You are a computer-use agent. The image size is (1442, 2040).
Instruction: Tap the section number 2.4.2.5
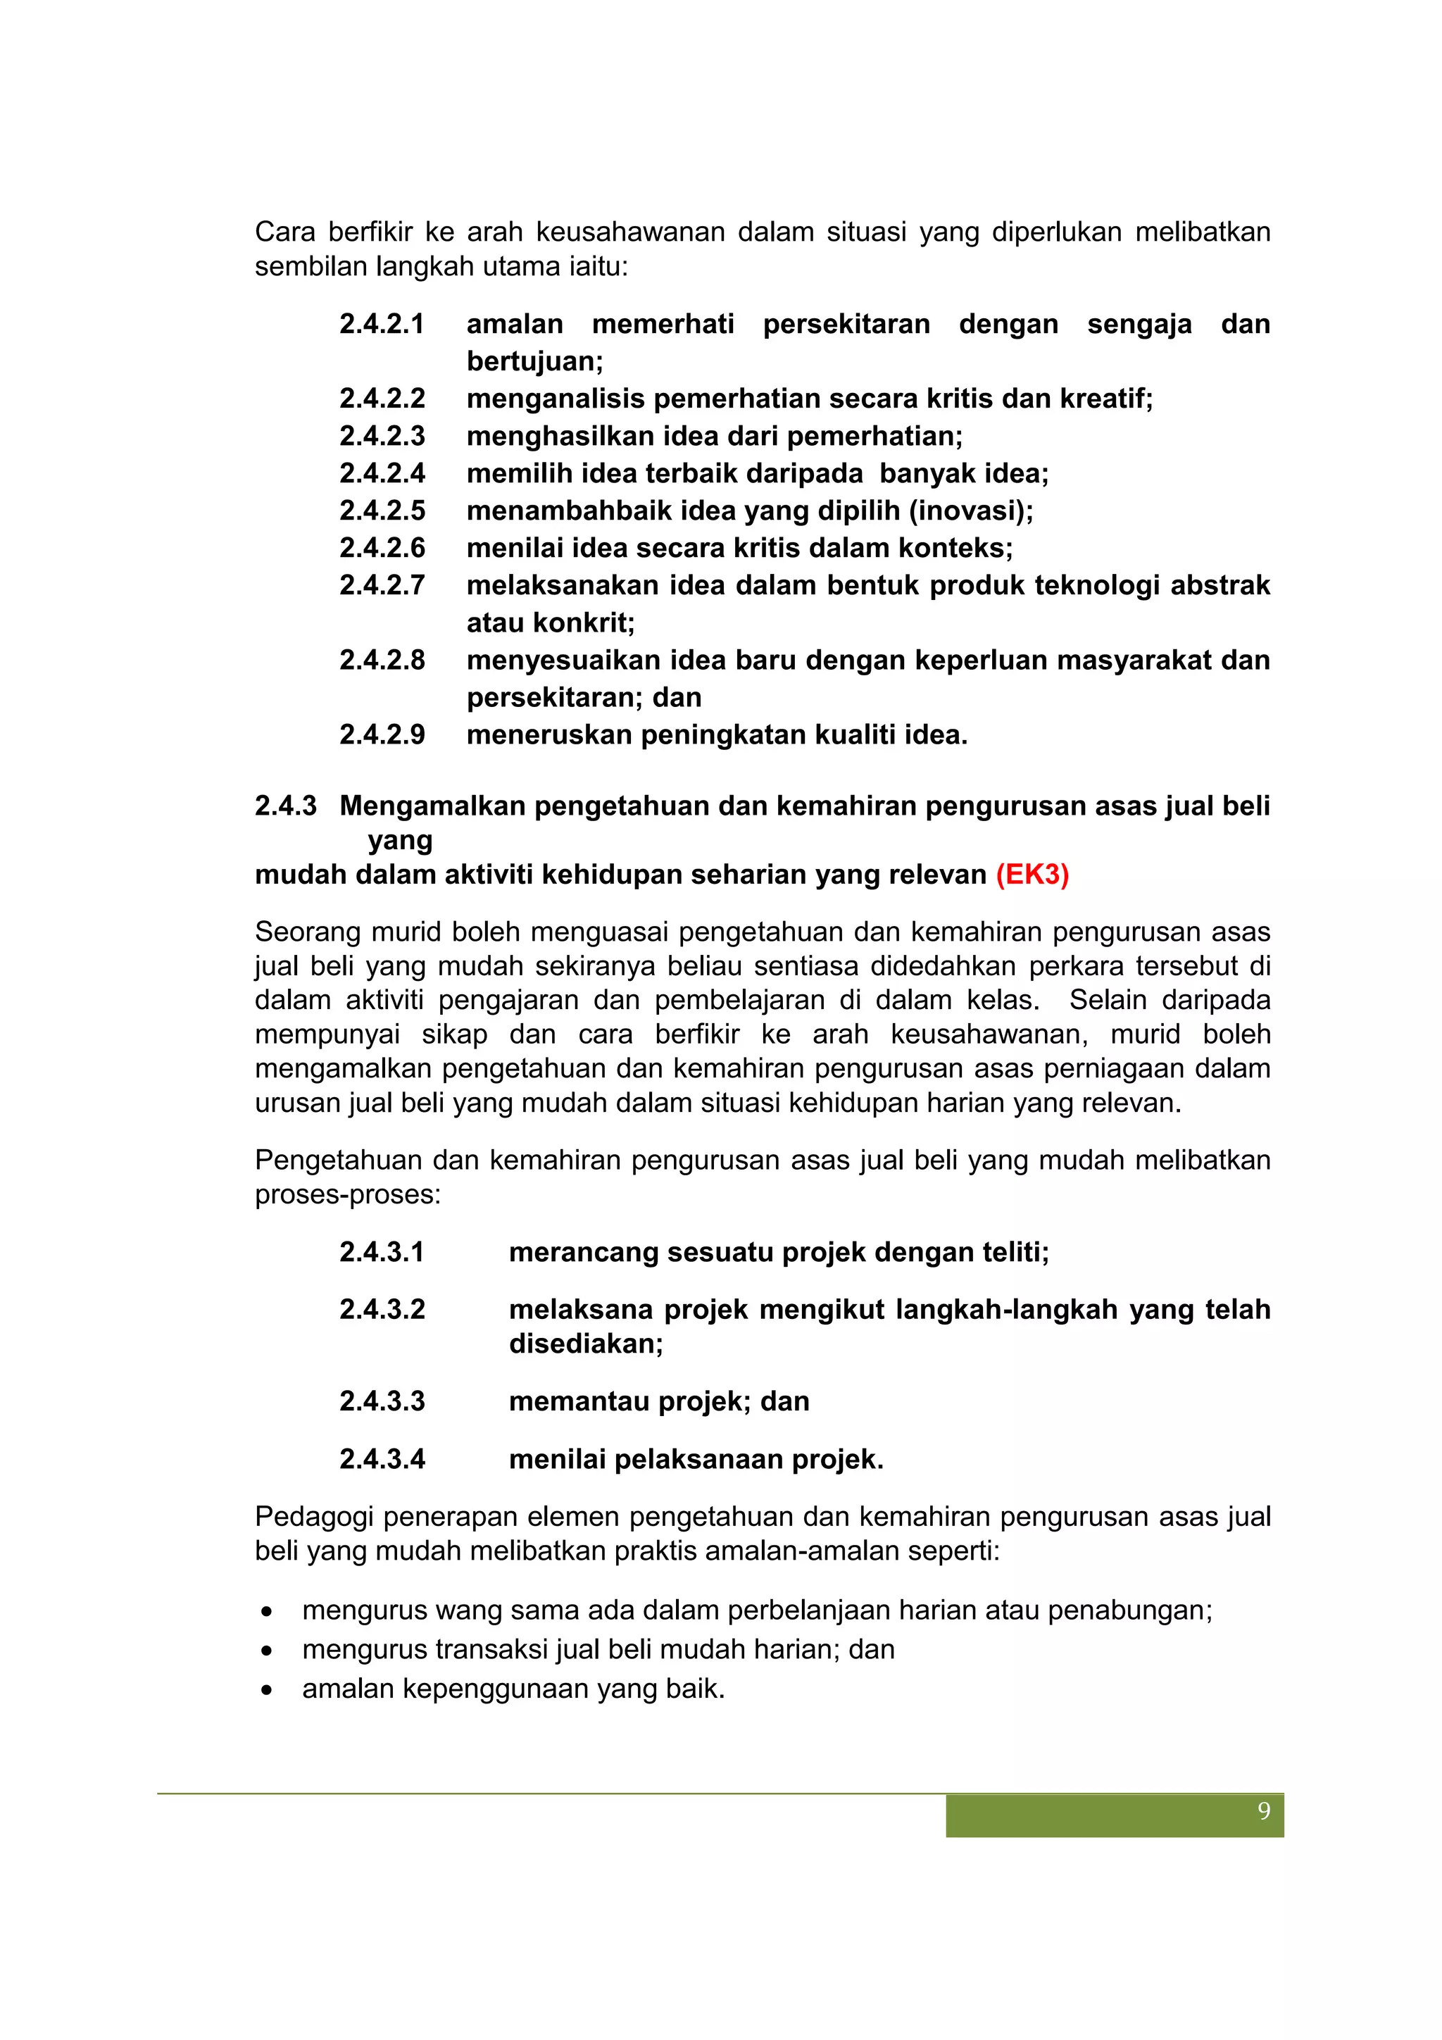382,511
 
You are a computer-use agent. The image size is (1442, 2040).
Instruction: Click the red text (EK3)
1032,875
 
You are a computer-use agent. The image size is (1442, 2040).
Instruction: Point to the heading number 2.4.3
285,806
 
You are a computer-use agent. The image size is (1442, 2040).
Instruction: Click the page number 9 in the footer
1263,1812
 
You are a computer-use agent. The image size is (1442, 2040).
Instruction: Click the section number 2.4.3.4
382,1459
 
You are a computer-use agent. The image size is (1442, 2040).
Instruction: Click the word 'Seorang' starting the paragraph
308,932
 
